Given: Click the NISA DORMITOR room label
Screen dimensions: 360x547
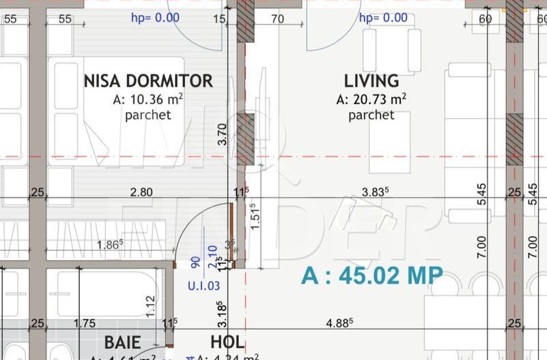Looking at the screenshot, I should click(x=148, y=81).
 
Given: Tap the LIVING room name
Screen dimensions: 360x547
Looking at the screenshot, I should click(x=371, y=81).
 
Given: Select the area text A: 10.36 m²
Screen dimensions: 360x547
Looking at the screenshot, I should click(x=148, y=100).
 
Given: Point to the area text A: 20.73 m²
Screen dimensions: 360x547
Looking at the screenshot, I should click(x=371, y=100).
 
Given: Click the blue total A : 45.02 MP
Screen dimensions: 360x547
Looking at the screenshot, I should click(x=372, y=275).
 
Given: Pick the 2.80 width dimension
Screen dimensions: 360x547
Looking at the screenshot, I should click(x=141, y=192).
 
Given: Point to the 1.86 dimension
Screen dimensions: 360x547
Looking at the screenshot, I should click(x=110, y=244).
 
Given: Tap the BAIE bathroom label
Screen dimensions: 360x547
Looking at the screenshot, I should click(x=122, y=342).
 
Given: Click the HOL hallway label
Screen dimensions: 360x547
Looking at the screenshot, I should click(x=227, y=342).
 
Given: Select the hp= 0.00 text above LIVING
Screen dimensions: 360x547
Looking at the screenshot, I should click(x=383, y=18).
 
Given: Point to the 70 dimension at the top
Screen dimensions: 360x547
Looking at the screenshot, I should click(x=277, y=19).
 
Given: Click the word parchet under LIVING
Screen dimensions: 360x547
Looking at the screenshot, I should click(x=371, y=115).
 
